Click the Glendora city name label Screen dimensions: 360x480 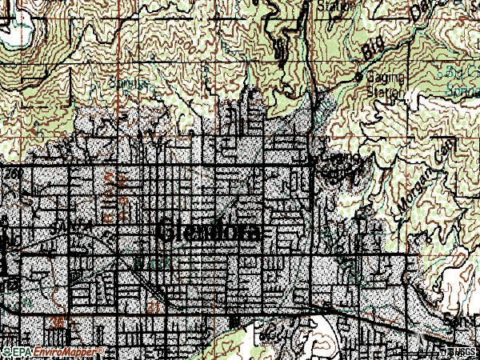[210, 230]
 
